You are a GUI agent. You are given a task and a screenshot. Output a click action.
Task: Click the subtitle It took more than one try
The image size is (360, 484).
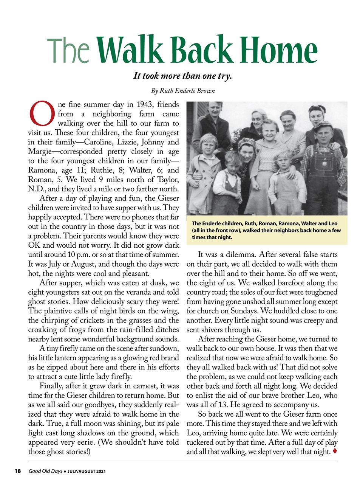[x=182, y=76]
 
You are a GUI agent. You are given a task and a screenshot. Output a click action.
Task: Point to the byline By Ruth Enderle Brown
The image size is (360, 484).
[x=182, y=91]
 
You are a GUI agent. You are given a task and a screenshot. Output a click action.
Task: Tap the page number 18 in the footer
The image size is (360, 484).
[x=17, y=471]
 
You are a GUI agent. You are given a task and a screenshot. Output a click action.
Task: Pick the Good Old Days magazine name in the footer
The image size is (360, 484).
[x=45, y=471]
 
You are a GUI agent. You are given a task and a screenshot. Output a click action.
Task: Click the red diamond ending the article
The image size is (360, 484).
[x=335, y=451]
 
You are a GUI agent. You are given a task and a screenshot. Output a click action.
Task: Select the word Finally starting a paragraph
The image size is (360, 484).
[x=51, y=386]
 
